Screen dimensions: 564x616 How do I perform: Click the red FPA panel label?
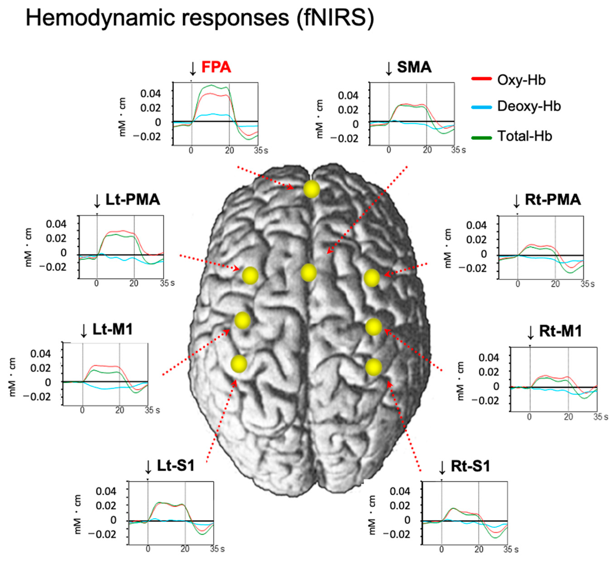pyautogui.click(x=216, y=67)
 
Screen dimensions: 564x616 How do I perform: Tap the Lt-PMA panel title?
pyautogui.click(x=133, y=200)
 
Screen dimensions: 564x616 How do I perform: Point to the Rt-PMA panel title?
pyautogui.click(x=553, y=200)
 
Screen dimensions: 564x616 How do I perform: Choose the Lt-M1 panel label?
pyautogui.click(x=112, y=330)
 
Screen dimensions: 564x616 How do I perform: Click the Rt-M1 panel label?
pyautogui.click(x=560, y=331)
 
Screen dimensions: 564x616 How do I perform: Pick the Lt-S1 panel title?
pyautogui.click(x=176, y=466)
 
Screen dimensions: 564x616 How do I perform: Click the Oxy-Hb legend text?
pyautogui.click(x=521, y=80)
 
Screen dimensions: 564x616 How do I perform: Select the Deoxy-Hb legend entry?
pyautogui.click(x=529, y=106)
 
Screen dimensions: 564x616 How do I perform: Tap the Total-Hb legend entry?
pyautogui.click(x=525, y=136)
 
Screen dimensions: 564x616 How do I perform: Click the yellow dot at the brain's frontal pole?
pyautogui.click(x=311, y=189)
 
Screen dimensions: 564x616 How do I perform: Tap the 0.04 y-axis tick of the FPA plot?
pyautogui.click(x=150, y=93)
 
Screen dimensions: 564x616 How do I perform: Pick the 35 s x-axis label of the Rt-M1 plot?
pyautogui.click(x=600, y=417)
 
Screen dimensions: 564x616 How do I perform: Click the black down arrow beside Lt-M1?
pyautogui.click(x=84, y=331)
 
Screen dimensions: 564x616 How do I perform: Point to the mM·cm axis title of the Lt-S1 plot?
pyautogui.click(x=78, y=514)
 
